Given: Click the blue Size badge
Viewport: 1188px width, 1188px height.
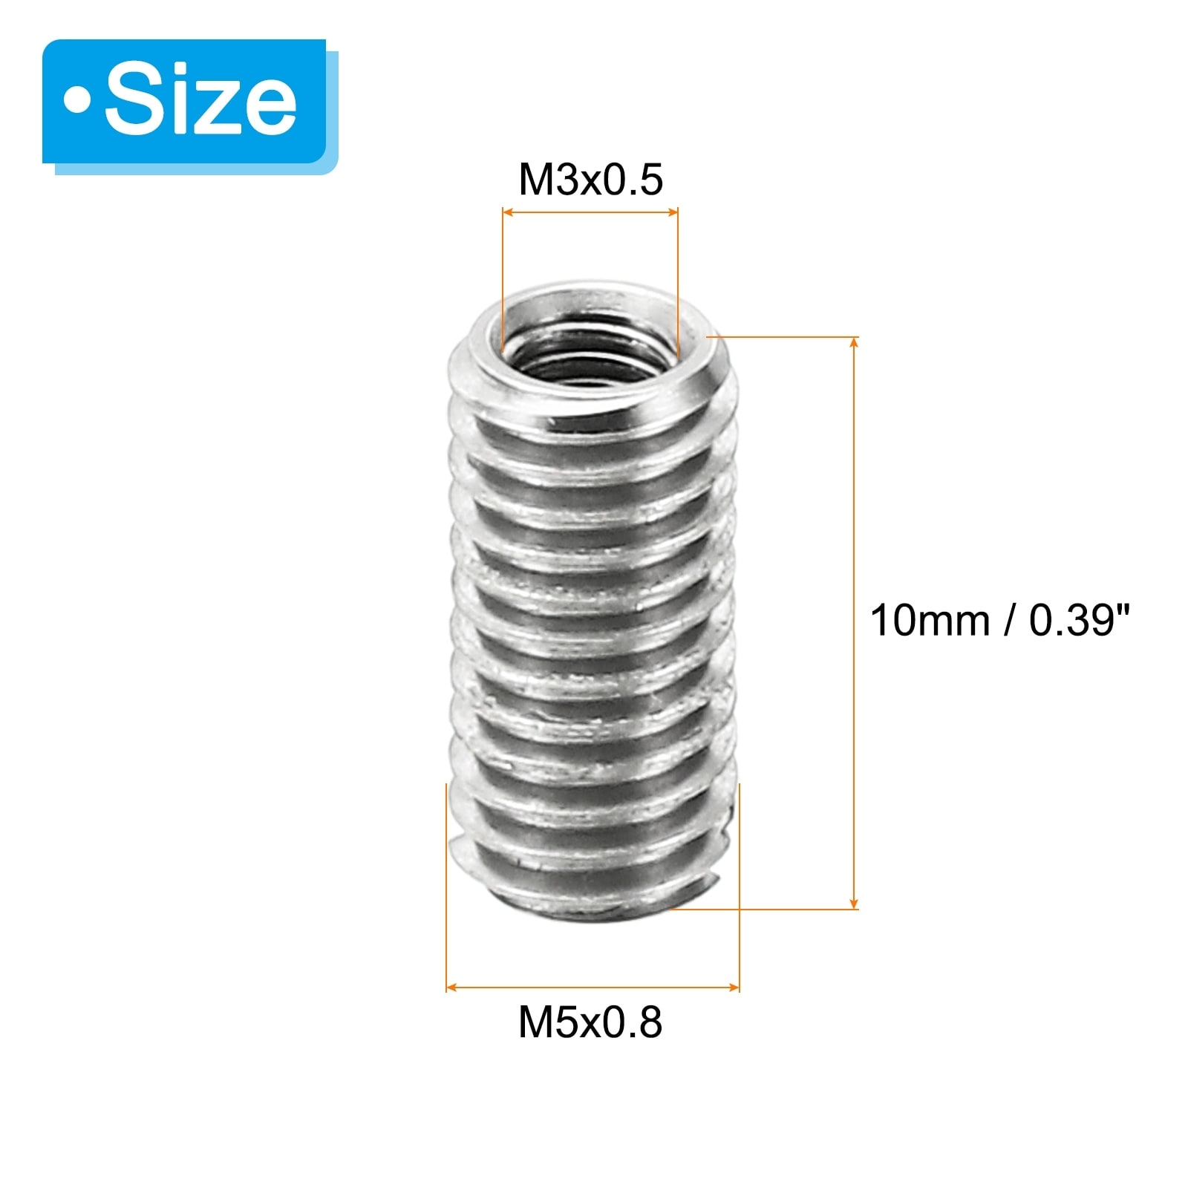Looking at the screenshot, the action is [184, 102].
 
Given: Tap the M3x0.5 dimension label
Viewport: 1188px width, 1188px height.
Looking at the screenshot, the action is [590, 180].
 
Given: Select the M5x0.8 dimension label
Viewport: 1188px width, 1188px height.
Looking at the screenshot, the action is [590, 1022].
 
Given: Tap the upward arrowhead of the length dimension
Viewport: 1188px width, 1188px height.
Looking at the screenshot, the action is [855, 343].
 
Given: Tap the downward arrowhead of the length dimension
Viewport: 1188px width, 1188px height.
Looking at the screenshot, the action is [855, 901].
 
